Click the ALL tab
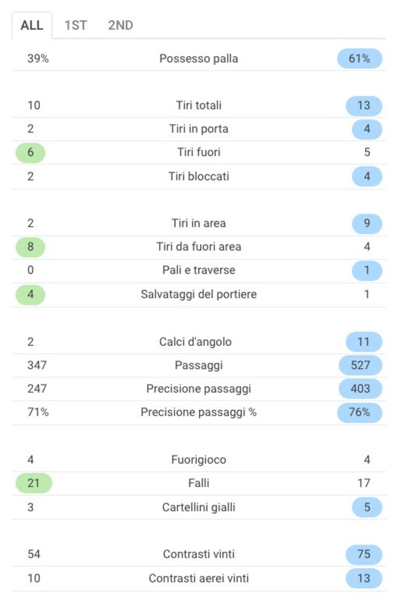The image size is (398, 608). pyautogui.click(x=32, y=25)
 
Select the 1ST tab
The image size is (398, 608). pyautogui.click(x=76, y=25)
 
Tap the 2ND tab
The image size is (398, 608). pyautogui.click(x=120, y=25)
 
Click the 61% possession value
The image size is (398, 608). pyautogui.click(x=360, y=59)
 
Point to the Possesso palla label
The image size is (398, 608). pyautogui.click(x=199, y=59)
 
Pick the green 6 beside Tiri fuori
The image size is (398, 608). pyautogui.click(x=30, y=152)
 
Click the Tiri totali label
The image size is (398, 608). pyautogui.click(x=199, y=105)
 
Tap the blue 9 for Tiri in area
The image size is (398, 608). pyautogui.click(x=367, y=223)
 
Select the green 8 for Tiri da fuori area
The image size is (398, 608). pyautogui.click(x=30, y=246)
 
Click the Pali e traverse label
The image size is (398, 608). pyautogui.click(x=199, y=270)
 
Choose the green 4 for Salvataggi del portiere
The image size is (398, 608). pyautogui.click(x=30, y=294)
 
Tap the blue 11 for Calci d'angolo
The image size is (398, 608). pyautogui.click(x=364, y=342)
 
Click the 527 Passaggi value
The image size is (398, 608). pyautogui.click(x=360, y=365)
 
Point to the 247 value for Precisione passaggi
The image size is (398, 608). pyautogui.click(x=37, y=389)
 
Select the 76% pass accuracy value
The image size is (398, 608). pyautogui.click(x=360, y=412)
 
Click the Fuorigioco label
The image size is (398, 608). pyautogui.click(x=199, y=460)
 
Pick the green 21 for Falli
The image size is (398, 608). pyautogui.click(x=34, y=483)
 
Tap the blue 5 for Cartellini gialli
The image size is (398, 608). pyautogui.click(x=367, y=507)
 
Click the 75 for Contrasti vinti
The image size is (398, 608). pyautogui.click(x=364, y=554)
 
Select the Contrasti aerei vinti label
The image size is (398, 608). pyautogui.click(x=199, y=578)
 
